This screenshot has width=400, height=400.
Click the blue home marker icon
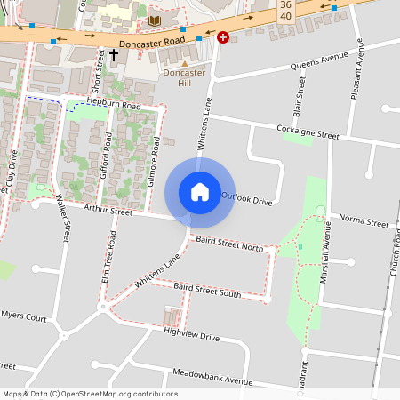(x=200, y=191)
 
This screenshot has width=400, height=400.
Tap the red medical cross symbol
(x=222, y=37)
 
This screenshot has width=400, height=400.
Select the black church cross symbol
(x=114, y=56)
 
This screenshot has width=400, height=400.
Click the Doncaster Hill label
(x=184, y=77)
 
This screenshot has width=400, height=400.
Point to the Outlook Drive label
(x=246, y=199)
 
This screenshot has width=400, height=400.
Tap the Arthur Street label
(x=108, y=211)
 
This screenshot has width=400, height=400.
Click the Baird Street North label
(x=229, y=244)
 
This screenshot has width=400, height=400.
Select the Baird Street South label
(x=207, y=290)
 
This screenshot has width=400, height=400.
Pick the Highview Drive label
(x=191, y=334)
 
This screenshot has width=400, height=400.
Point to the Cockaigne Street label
(x=308, y=133)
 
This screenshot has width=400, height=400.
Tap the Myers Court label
(x=24, y=316)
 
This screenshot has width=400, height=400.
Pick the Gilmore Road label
(x=153, y=160)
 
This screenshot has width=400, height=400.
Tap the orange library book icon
(x=155, y=20)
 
